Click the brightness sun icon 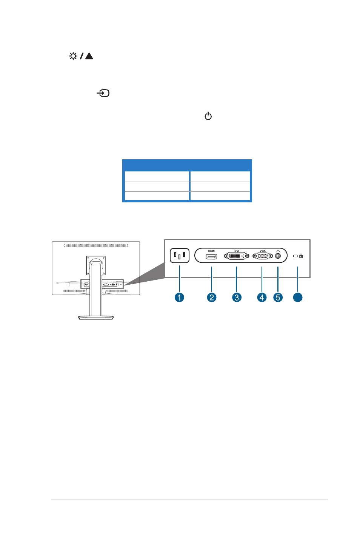click(73, 56)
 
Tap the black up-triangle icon click(89, 56)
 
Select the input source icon click(103, 93)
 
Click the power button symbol click(208, 116)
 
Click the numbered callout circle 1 click(179, 298)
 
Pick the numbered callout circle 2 click(212, 298)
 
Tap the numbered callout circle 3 click(237, 298)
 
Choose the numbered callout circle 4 click(262, 298)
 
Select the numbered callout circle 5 click(278, 298)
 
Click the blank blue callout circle click(298, 298)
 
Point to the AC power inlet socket click(180, 255)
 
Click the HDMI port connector click(211, 256)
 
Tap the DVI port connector click(237, 256)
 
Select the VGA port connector click(263, 256)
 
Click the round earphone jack click(278, 256)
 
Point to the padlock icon click(301, 256)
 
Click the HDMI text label click(211, 251)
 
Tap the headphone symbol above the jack click(278, 251)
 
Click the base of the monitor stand click(96, 318)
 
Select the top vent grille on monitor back click(96, 245)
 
